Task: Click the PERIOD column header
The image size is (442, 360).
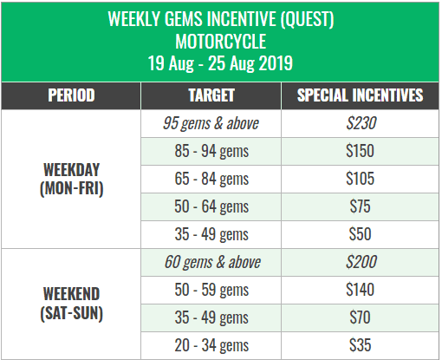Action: (x=71, y=95)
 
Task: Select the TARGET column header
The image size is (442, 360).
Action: (x=211, y=95)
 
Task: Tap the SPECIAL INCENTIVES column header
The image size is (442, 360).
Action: (x=360, y=95)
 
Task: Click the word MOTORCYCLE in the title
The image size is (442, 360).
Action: (x=221, y=42)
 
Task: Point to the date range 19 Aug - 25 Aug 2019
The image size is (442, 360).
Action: (x=220, y=63)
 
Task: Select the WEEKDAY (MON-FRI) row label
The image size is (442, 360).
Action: (x=71, y=179)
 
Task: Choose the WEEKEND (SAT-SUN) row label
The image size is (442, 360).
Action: (x=71, y=304)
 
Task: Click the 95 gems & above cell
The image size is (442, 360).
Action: (x=211, y=123)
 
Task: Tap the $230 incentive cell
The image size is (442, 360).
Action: (x=361, y=123)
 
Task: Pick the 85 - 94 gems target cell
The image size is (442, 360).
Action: (x=211, y=151)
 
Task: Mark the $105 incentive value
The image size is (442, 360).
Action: (x=361, y=179)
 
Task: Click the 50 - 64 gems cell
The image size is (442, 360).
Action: (x=211, y=206)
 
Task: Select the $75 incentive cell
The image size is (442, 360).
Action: (x=360, y=206)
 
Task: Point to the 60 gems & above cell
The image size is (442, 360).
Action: (x=212, y=262)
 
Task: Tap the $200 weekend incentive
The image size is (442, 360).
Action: (x=361, y=262)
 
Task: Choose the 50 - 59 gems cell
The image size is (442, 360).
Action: (x=211, y=290)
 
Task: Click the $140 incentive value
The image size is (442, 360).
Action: (x=361, y=290)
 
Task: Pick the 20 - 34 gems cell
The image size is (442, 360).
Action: (x=211, y=345)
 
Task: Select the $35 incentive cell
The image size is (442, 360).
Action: (x=360, y=345)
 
